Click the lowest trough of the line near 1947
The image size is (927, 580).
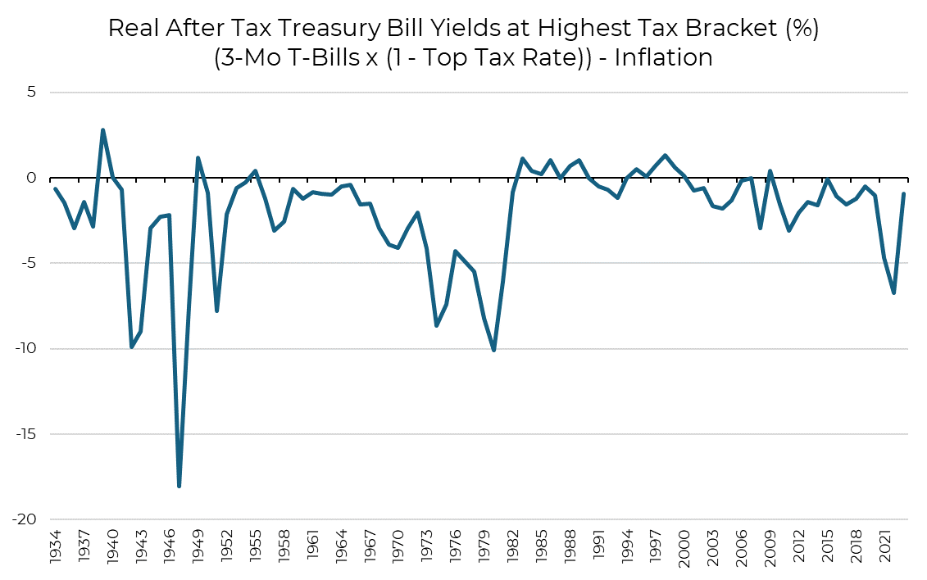179,487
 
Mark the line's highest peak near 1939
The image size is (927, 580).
103,129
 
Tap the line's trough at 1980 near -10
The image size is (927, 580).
494,350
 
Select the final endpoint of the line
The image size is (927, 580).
903,194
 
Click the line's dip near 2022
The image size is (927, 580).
893,292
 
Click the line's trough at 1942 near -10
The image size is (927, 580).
131,347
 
